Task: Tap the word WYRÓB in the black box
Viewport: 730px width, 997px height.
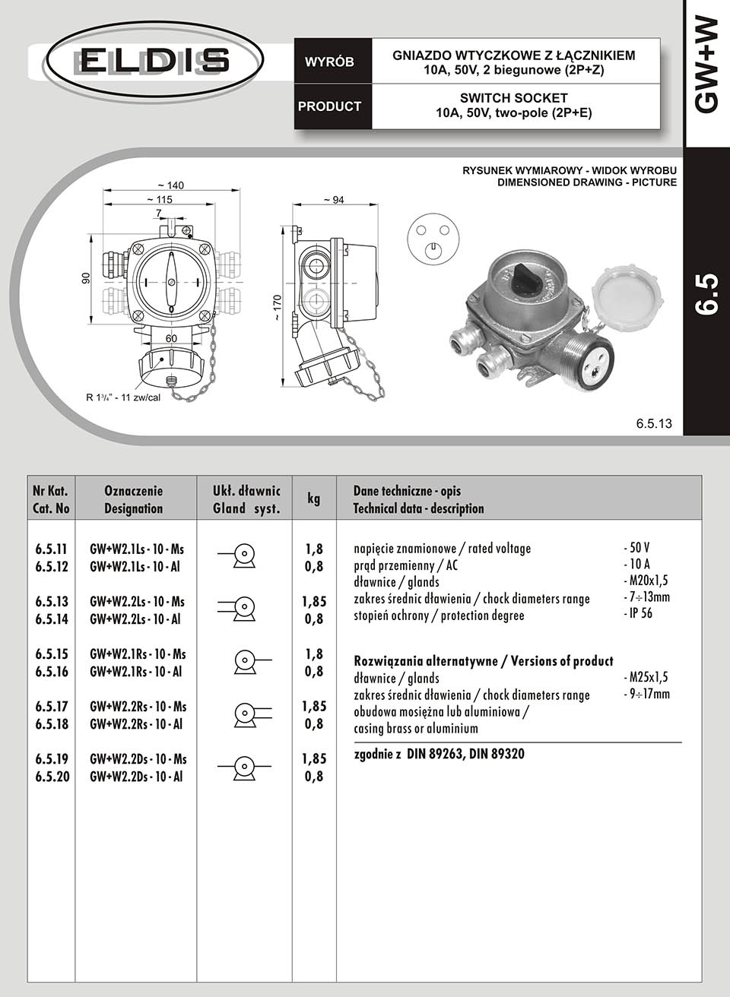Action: pyautogui.click(x=329, y=62)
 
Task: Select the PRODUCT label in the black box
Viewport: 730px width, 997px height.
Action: pyautogui.click(x=329, y=106)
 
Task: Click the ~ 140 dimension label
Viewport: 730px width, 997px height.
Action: pyautogui.click(x=170, y=185)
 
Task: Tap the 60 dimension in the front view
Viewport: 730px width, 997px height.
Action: pyautogui.click(x=171, y=337)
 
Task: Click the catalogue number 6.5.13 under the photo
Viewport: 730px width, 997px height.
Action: pyautogui.click(x=654, y=424)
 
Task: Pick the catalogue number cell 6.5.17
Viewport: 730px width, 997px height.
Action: pyautogui.click(x=52, y=707)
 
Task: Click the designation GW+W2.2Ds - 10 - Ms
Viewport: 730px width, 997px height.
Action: pyautogui.click(x=137, y=759)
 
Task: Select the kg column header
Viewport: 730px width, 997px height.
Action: pyautogui.click(x=313, y=499)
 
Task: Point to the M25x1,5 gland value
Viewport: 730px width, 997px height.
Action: pyautogui.click(x=646, y=677)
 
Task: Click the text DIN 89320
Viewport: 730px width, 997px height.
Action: pyautogui.click(x=497, y=755)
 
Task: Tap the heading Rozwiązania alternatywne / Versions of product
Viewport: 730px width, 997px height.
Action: pyautogui.click(x=484, y=661)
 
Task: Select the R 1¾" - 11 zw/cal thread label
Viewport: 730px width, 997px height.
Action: pyautogui.click(x=122, y=397)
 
